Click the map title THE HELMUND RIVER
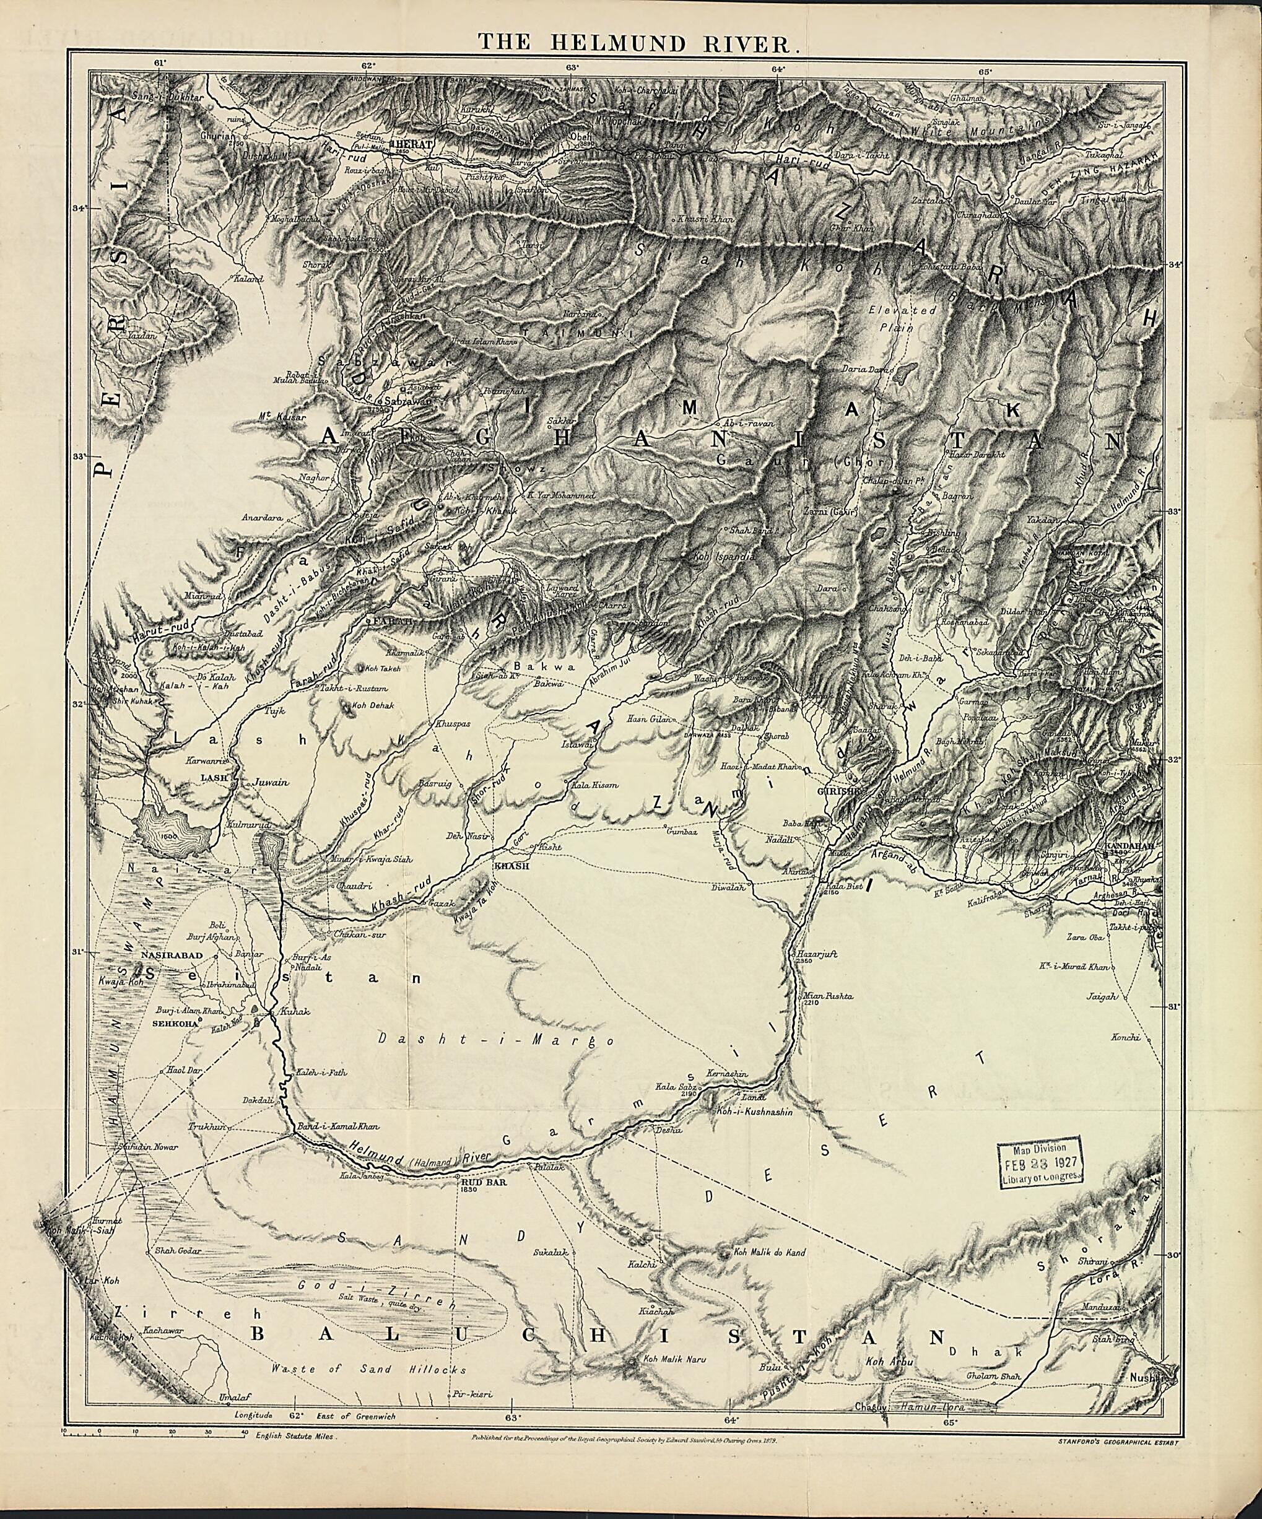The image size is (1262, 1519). [638, 43]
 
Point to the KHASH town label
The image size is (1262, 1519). [511, 866]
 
